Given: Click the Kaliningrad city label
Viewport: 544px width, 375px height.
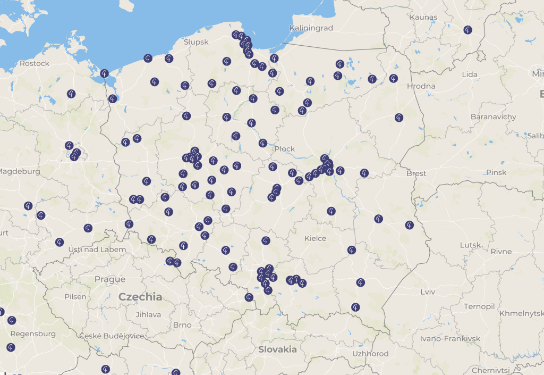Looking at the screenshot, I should pos(311,28).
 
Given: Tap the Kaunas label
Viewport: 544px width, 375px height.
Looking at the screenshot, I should pos(423,17).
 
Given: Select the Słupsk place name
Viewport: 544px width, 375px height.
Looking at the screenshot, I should pos(196,41).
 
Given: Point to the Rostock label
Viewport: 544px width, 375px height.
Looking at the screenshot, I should pos(34,63).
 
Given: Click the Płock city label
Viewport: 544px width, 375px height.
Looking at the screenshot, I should pos(284,149).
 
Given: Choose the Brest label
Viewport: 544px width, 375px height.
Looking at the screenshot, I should pos(415,173).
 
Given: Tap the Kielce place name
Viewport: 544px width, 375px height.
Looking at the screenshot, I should pos(315,238).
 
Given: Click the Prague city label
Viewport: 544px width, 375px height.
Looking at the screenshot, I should pos(110,279).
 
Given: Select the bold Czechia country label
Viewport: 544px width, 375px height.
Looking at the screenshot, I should pos(140,297).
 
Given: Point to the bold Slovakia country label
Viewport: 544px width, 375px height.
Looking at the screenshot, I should pos(277,349).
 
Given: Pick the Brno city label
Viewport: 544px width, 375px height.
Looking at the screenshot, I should pos(182,325).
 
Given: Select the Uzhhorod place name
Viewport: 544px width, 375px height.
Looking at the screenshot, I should pos(370,354).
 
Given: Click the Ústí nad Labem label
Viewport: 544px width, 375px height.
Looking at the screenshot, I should pos(97,249).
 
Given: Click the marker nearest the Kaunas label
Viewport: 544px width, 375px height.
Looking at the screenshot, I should pos(467,30).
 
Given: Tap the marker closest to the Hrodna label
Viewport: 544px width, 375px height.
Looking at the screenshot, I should pos(393,78).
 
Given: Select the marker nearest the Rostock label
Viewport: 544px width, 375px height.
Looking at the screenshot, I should pos(71,94).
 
